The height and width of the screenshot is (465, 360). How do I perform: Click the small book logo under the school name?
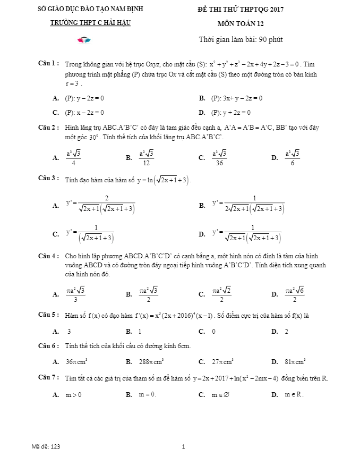(84, 40)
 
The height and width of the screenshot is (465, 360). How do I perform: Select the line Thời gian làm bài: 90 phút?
(244, 39)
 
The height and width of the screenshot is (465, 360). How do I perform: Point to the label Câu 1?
(48, 64)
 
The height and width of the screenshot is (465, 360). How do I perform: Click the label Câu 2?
(48, 128)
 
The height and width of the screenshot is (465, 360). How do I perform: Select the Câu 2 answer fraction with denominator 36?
(219, 157)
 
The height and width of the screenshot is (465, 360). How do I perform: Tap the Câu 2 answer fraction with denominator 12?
(146, 157)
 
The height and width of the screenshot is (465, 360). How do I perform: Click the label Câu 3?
(48, 178)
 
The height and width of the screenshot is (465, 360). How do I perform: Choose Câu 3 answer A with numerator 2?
(100, 205)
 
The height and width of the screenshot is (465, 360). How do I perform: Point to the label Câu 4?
(48, 256)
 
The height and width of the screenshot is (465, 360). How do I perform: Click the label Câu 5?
(48, 315)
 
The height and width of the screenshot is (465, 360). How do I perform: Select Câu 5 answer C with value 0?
(213, 331)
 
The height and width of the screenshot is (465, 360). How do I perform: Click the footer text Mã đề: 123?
(46, 447)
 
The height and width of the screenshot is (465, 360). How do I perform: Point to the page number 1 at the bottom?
(183, 447)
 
